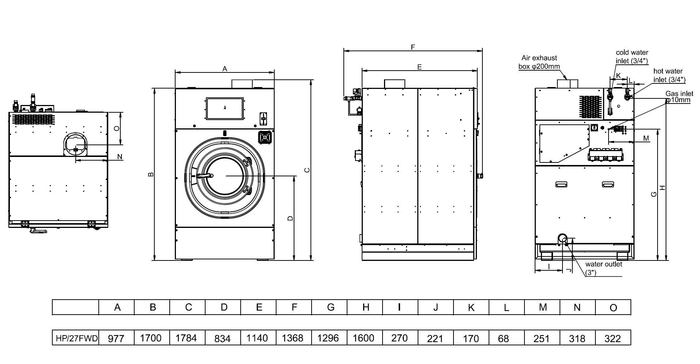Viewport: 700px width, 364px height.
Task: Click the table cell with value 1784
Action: coord(186,338)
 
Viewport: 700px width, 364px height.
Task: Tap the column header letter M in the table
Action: coord(542,307)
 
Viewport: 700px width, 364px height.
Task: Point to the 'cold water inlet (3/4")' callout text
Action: coord(632,57)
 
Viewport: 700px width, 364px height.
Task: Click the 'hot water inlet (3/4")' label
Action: coord(669,75)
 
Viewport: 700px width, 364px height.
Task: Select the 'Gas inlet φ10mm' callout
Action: coord(679,97)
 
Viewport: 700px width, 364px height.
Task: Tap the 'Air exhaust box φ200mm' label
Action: coord(539,62)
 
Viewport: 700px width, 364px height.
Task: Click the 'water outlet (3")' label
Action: coord(603,268)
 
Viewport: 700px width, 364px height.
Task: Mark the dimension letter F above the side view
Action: coord(413,47)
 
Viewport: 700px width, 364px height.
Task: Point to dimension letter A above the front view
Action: coord(225,68)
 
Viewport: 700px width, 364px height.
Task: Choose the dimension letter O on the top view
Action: coord(116,128)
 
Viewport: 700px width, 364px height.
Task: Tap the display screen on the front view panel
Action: coord(225,108)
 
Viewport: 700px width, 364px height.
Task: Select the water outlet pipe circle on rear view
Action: coord(562,239)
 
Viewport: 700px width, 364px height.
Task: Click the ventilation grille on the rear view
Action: coord(590,107)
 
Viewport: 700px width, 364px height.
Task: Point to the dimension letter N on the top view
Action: coord(120,157)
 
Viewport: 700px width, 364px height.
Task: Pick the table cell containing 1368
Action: coord(293,338)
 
